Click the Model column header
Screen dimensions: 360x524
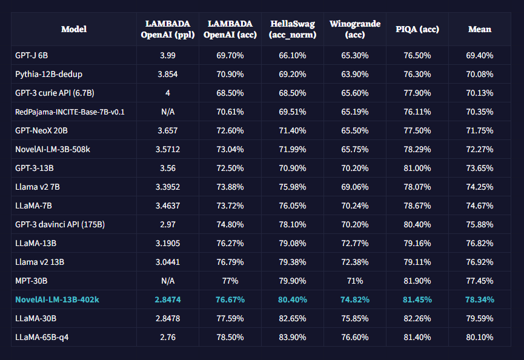(x=74, y=29)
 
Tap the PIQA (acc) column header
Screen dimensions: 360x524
(x=417, y=29)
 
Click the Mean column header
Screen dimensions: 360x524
(x=480, y=29)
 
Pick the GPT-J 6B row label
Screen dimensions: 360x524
(x=32, y=55)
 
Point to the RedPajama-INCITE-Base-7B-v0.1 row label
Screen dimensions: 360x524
(x=70, y=112)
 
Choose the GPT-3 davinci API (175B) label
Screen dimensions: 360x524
(x=60, y=224)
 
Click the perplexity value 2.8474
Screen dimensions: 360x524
(x=168, y=299)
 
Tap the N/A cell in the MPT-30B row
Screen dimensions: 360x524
(x=168, y=281)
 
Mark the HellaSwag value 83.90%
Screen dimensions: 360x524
(x=291, y=337)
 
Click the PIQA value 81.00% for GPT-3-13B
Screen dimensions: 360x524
(x=417, y=168)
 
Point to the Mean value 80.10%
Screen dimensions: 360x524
(x=480, y=337)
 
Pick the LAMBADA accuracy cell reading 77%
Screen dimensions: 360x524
(x=230, y=281)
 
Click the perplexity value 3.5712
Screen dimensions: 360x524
(x=168, y=149)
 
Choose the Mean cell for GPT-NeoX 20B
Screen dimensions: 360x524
(x=480, y=130)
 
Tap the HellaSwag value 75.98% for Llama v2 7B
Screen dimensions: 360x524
(x=291, y=187)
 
